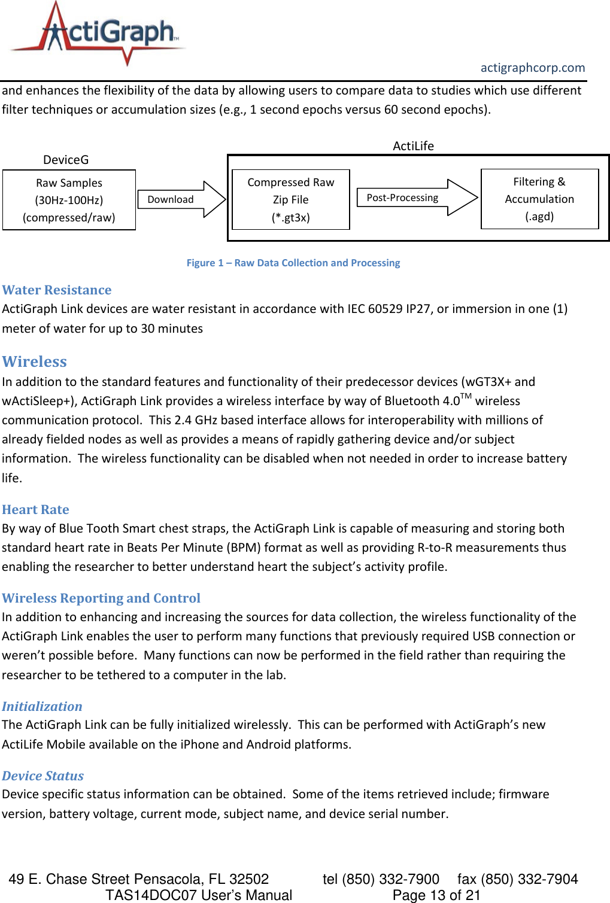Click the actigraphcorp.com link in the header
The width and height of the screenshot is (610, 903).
pos(532,68)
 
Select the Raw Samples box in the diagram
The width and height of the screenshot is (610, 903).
pos(69,200)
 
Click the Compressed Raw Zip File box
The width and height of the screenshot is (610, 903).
pos(290,199)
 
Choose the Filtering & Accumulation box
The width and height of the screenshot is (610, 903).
pos(539,199)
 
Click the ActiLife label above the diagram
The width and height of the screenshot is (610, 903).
pos(413,146)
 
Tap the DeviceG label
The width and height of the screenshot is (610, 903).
pos(66,160)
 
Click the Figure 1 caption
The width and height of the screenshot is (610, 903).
pos(293,263)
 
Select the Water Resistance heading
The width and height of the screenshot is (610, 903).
pos(57,290)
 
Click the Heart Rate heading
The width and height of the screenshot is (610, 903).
pos(35,510)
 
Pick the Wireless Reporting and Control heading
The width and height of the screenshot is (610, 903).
pos(101,598)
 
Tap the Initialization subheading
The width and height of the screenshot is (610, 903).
pos(42,707)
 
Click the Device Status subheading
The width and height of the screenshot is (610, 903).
pos(43,776)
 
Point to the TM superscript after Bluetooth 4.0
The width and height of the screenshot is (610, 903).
pos(466,396)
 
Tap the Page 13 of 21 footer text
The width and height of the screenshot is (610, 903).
pos(436,895)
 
